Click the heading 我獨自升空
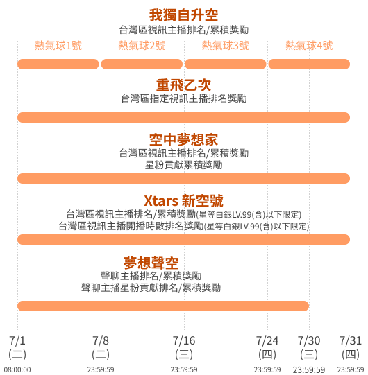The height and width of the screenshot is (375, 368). click(x=184, y=15)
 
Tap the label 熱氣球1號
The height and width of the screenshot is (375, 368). click(x=58, y=45)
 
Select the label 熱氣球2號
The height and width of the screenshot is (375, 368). click(x=142, y=45)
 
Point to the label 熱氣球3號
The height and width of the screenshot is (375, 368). click(x=226, y=45)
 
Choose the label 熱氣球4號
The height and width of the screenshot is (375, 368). click(x=309, y=45)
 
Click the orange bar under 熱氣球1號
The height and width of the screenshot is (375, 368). click(x=58, y=64)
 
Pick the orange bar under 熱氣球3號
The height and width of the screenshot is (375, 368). click(x=226, y=64)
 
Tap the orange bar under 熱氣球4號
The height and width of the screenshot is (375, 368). click(x=309, y=64)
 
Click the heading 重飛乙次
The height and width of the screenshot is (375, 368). click(x=184, y=85)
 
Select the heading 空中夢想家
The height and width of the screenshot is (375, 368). click(x=184, y=139)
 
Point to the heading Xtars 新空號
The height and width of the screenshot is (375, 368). click(x=184, y=200)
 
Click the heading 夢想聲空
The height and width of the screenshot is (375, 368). click(x=151, y=263)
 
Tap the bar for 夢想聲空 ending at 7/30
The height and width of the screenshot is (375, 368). click(x=163, y=306)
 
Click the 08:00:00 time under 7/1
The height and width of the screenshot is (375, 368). click(x=17, y=369)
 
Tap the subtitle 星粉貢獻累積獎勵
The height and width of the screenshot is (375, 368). click(x=184, y=165)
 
